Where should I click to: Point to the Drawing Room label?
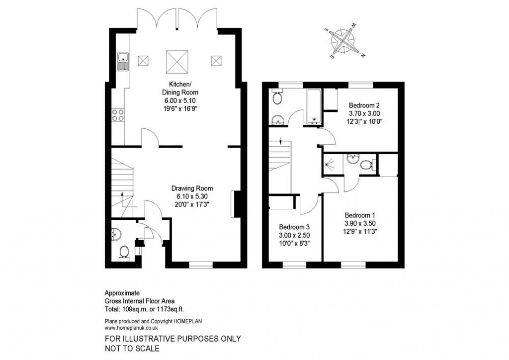tap(192, 188)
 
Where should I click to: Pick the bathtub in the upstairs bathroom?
tap(314, 106)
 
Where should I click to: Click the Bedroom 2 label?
tap(364, 105)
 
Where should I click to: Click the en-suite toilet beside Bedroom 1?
tap(367, 165)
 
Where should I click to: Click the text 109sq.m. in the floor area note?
tap(134, 309)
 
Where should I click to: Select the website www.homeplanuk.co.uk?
tap(131, 328)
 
